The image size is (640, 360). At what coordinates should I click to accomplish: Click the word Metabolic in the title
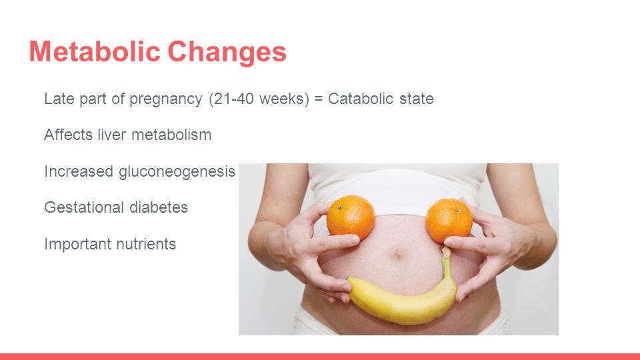(94, 51)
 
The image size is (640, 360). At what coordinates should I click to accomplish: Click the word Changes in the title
(227, 52)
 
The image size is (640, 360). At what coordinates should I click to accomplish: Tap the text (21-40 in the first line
(231, 99)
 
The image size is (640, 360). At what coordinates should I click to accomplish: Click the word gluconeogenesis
(177, 172)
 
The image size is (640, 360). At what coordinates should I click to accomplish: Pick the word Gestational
(84, 207)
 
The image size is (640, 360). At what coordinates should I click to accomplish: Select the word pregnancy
(166, 99)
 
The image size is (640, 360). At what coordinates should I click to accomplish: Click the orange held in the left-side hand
(351, 217)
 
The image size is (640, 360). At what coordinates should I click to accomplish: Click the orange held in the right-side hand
(449, 221)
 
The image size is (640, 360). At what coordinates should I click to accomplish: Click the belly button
(397, 254)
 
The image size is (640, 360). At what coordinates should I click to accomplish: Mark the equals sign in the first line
(319, 99)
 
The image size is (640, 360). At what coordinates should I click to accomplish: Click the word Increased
(79, 171)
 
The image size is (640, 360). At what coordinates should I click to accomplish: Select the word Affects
(68, 135)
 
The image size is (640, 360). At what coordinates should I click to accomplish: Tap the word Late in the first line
(59, 99)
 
